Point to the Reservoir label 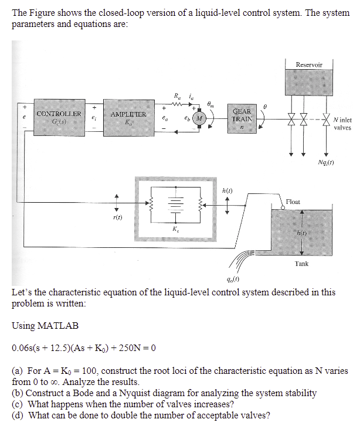tap(308, 64)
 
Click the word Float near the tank tap(293, 202)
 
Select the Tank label tap(302, 264)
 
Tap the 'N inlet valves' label tap(342, 124)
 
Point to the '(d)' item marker tap(18, 415)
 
